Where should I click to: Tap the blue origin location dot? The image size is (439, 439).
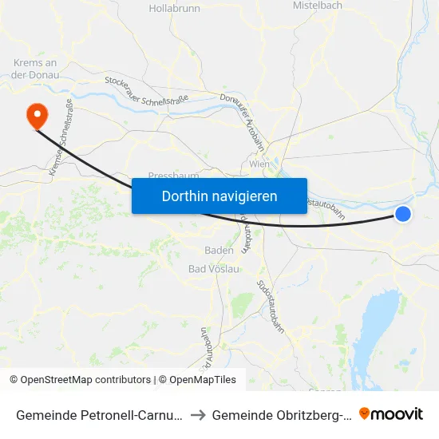[x=403, y=214]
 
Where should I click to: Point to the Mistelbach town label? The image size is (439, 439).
[x=318, y=5]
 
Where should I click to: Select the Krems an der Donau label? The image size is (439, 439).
[x=36, y=69]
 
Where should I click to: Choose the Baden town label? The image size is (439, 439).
[x=219, y=250]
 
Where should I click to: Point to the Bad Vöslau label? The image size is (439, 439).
[x=213, y=268]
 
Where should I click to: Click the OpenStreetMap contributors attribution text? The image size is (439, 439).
[x=80, y=380]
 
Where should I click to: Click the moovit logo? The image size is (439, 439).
[x=391, y=413]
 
